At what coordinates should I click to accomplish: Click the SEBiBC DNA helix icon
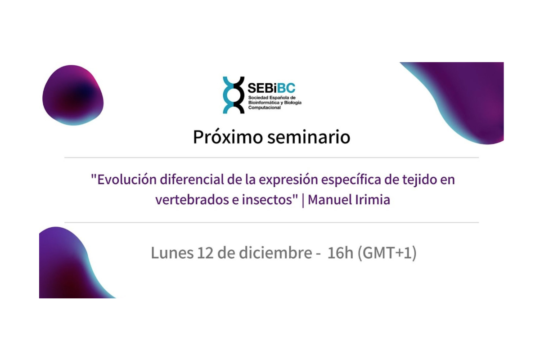coord(234,95)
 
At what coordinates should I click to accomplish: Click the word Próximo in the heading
coord(226,137)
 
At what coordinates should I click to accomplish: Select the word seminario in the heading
coord(309,137)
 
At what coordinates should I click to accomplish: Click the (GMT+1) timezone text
coord(387,253)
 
